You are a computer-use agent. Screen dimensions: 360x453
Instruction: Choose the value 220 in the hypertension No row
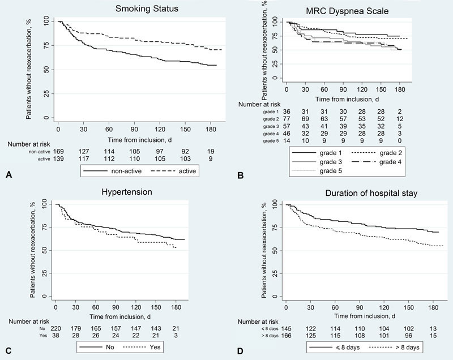[x=57, y=328]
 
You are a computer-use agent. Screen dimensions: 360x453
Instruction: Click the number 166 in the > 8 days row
[x=288, y=336]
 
